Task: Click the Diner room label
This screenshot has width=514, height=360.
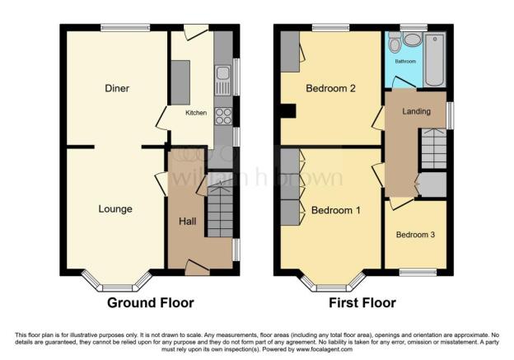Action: coord(117,88)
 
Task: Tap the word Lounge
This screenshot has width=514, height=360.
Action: coord(115,209)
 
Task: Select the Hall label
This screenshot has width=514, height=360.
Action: coord(186,222)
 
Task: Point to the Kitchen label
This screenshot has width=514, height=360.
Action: coord(195,113)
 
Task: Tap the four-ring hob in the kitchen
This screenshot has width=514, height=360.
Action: coord(222,115)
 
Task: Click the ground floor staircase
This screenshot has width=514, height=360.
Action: coord(219,211)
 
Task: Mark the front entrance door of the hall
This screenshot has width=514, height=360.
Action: coord(197,265)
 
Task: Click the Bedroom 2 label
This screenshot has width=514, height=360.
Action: coord(330,88)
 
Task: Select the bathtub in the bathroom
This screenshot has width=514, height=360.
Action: coord(434,60)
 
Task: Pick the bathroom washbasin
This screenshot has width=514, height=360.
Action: coord(411,40)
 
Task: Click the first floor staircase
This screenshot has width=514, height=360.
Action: coord(432,152)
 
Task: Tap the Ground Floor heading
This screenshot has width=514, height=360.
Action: coord(151,303)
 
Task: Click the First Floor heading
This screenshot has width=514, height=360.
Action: coord(362,303)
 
